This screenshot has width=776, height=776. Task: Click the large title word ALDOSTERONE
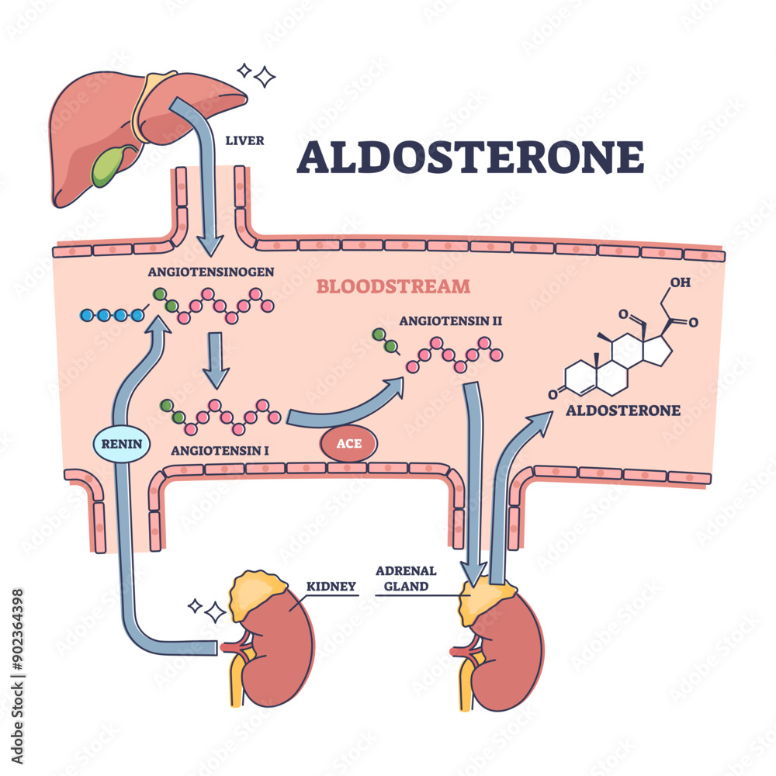click(x=470, y=158)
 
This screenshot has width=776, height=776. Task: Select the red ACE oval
click(x=347, y=445)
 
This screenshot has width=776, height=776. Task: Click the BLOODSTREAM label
click(x=393, y=286)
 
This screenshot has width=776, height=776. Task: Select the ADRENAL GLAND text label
click(x=405, y=578)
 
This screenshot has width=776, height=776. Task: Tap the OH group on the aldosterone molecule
click(x=679, y=282)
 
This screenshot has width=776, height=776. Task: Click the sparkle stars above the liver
click(x=259, y=74)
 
